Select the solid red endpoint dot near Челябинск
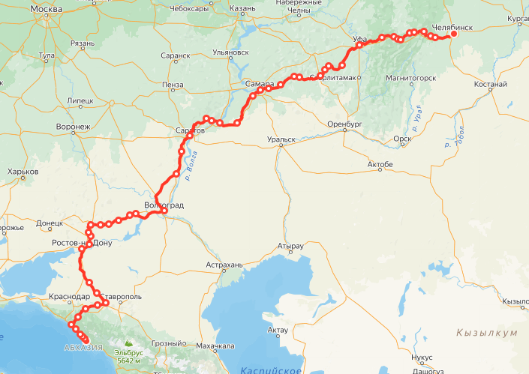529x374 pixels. pos(453,35)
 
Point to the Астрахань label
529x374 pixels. pos(224,265)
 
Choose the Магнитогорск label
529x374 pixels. pos(410,78)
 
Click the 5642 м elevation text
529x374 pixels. pos(130,360)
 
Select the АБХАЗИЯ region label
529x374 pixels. pos(84,347)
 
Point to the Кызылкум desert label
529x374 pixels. pos(486,332)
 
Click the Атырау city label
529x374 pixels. pos(290,245)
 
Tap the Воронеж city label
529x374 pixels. pos(73,127)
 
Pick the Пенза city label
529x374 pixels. pos(172,85)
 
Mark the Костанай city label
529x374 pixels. pos(491,85)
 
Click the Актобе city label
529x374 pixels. pos(380,164)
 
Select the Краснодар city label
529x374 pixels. pos(69,297)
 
